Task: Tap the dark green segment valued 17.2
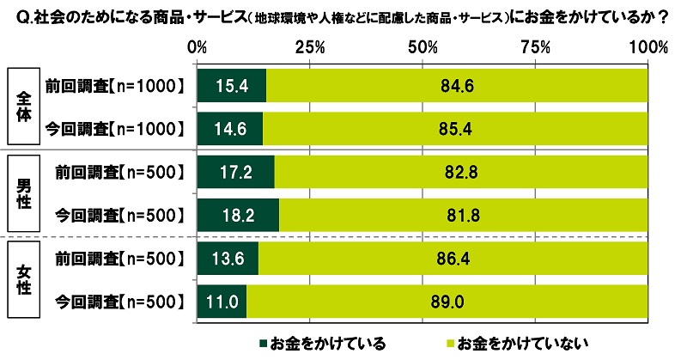[235, 172]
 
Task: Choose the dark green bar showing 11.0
[222, 302]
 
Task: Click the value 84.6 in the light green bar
[458, 86]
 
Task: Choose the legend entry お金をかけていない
[507, 344]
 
